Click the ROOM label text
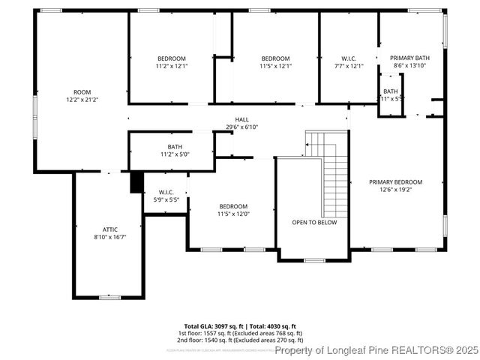click(82, 92)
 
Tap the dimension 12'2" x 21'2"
click(82, 100)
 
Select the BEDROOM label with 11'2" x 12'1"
click(171, 58)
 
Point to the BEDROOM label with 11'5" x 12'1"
click(275, 58)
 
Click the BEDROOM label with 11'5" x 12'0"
click(232, 206)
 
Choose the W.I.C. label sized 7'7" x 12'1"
click(349, 58)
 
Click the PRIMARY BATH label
click(409, 58)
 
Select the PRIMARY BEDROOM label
click(395, 181)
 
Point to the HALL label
click(241, 119)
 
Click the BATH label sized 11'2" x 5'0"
click(175, 147)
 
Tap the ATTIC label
click(110, 229)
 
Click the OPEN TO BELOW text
click(314, 222)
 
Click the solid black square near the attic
click(136, 182)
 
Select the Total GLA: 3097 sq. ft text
click(211, 326)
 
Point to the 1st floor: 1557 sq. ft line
click(240, 333)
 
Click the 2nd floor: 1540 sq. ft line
click(240, 339)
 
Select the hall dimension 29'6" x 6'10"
click(241, 127)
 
